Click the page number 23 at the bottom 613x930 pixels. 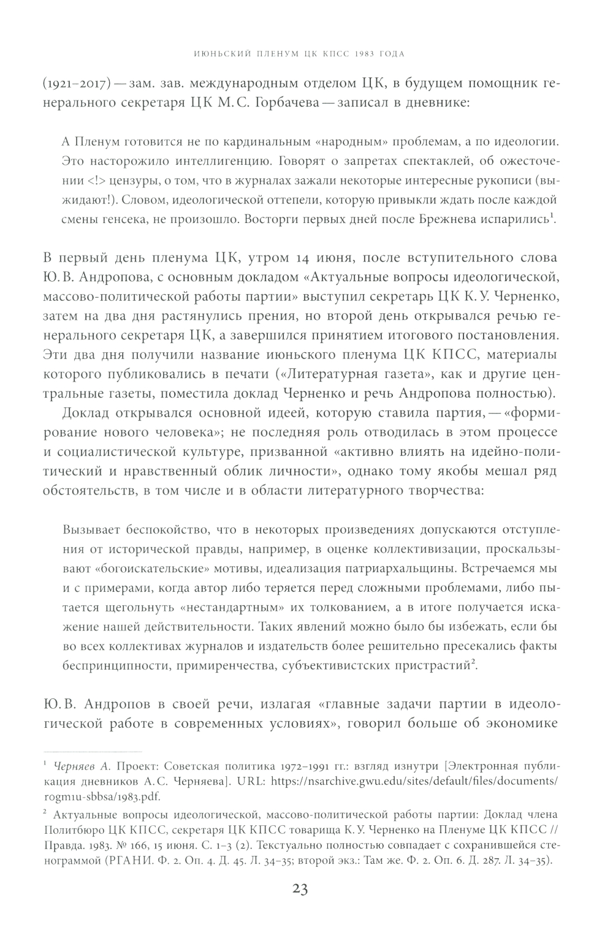coord(300,890)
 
